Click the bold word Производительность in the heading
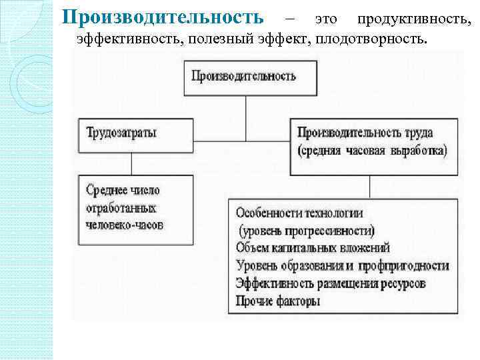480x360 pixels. click(167, 16)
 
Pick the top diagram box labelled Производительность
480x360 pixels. click(245, 77)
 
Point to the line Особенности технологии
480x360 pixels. click(299, 213)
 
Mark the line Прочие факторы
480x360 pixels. click(278, 301)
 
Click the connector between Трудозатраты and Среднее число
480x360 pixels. click(131, 164)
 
